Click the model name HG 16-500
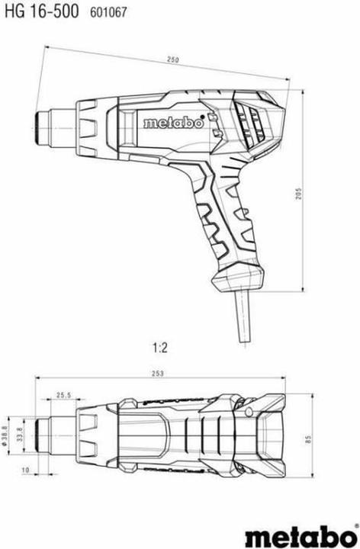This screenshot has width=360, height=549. click(x=42, y=11)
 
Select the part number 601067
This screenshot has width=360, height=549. click(x=108, y=13)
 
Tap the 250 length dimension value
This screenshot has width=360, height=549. click(x=172, y=59)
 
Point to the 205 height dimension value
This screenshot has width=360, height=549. click(x=298, y=193)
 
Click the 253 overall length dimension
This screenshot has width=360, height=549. click(x=158, y=374)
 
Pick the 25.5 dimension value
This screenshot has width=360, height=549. click(x=63, y=395)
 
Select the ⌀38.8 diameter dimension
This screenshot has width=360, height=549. click(x=5, y=435)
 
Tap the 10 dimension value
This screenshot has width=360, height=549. click(x=26, y=470)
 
